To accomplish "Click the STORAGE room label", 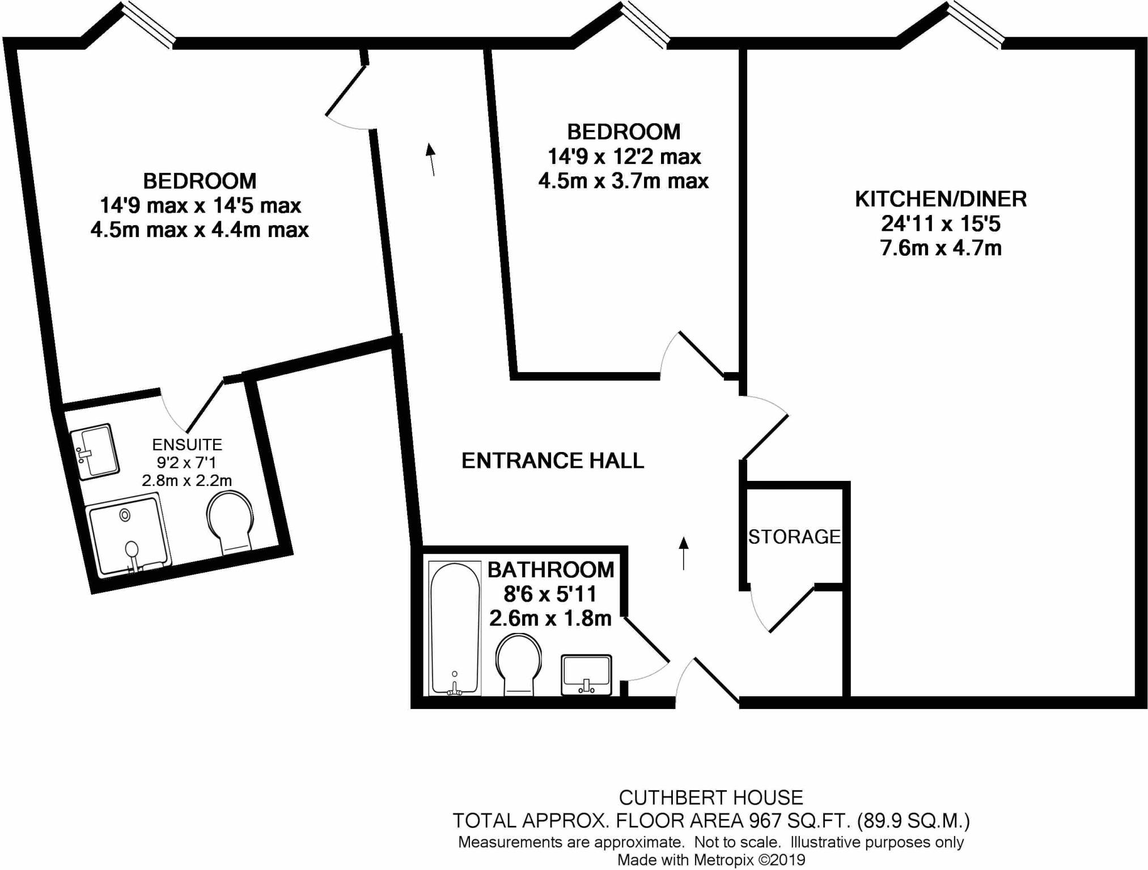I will (x=794, y=537).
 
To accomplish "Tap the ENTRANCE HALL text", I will (x=553, y=461).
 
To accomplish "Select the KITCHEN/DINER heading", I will (x=941, y=199).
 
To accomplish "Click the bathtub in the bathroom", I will (x=455, y=628).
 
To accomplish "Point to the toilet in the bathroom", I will (x=518, y=664).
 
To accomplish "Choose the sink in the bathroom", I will (x=586, y=674).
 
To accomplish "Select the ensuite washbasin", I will (x=95, y=451).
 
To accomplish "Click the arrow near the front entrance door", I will (x=684, y=553).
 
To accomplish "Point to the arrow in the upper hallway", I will (x=431, y=159).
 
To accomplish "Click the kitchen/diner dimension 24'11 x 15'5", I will (x=941, y=224).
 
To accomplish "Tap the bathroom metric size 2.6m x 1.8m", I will (x=550, y=618).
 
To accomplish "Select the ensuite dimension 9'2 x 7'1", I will (x=187, y=463).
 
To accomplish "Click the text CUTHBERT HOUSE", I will (x=711, y=797).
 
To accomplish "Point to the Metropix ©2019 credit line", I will (x=711, y=860).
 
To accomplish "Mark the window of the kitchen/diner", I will (x=975, y=26).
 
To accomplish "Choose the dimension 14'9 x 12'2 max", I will (x=624, y=157).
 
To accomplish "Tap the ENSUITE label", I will (x=187, y=445).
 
